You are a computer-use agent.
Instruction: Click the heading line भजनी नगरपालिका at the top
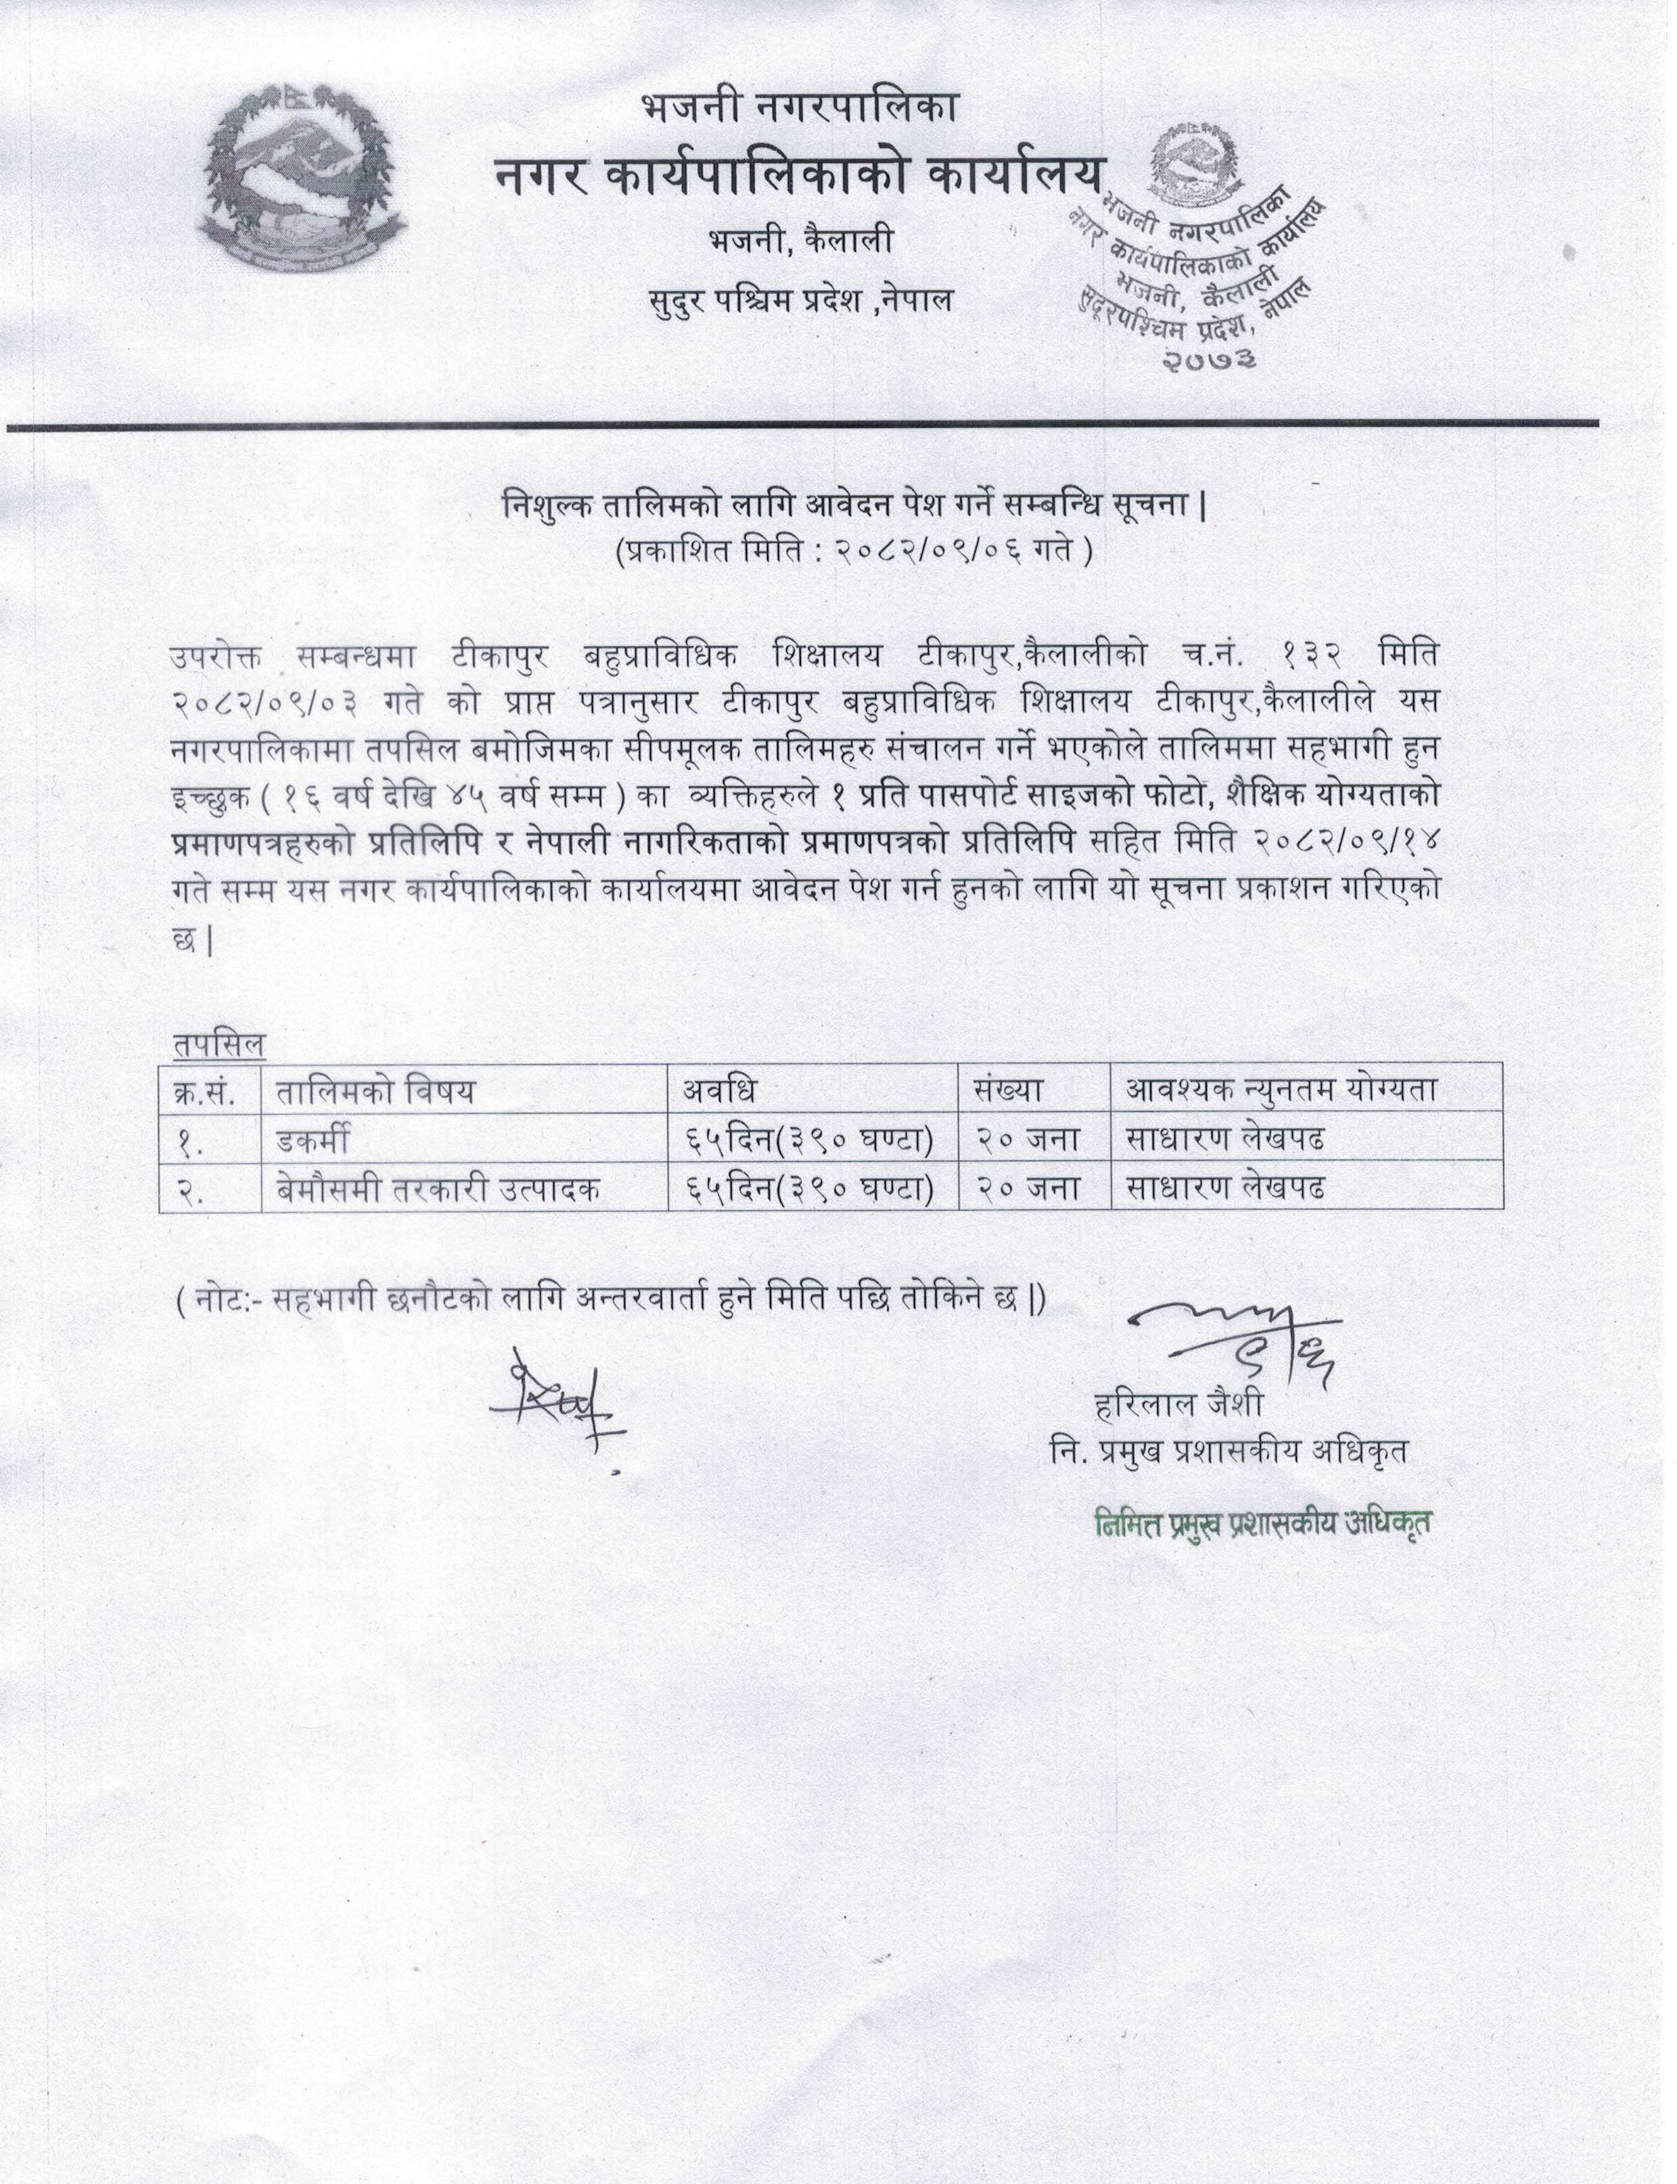(800, 107)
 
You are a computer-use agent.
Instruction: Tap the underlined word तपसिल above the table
(219, 1044)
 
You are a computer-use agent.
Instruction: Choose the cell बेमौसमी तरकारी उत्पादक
(438, 1188)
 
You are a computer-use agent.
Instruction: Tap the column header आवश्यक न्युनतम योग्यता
(1282, 1090)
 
